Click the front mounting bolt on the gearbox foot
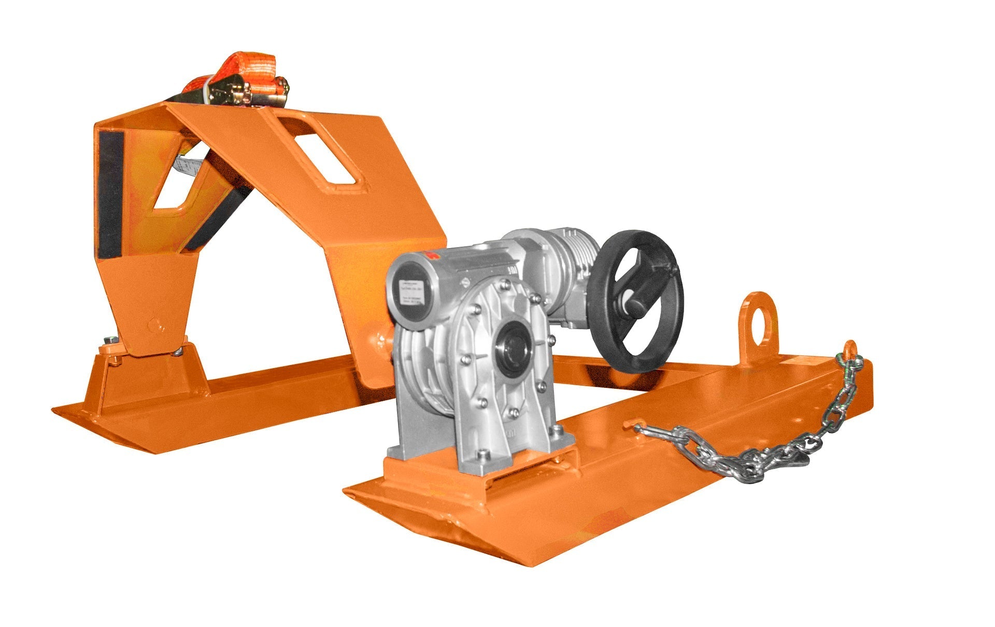click(x=484, y=455)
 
